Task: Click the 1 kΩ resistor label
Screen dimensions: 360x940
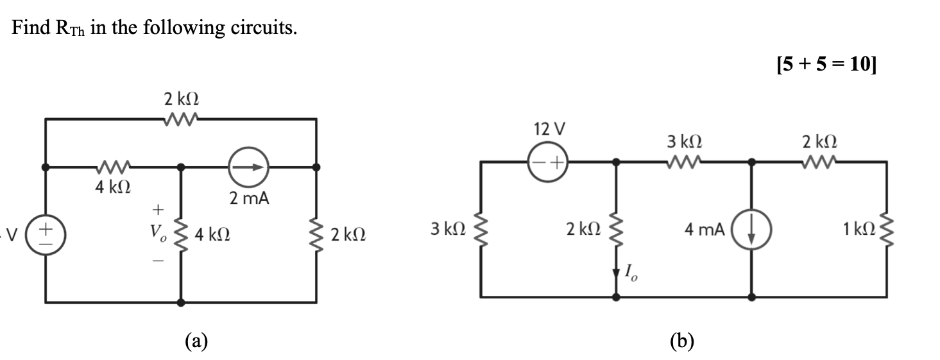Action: click(x=860, y=229)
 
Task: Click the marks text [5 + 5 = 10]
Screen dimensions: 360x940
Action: click(x=825, y=64)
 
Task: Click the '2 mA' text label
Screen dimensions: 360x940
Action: click(x=248, y=200)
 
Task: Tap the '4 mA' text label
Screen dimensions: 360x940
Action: click(x=705, y=229)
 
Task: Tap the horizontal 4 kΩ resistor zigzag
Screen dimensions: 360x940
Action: click(x=113, y=167)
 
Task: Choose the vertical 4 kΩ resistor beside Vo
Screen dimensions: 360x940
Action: click(x=181, y=235)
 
